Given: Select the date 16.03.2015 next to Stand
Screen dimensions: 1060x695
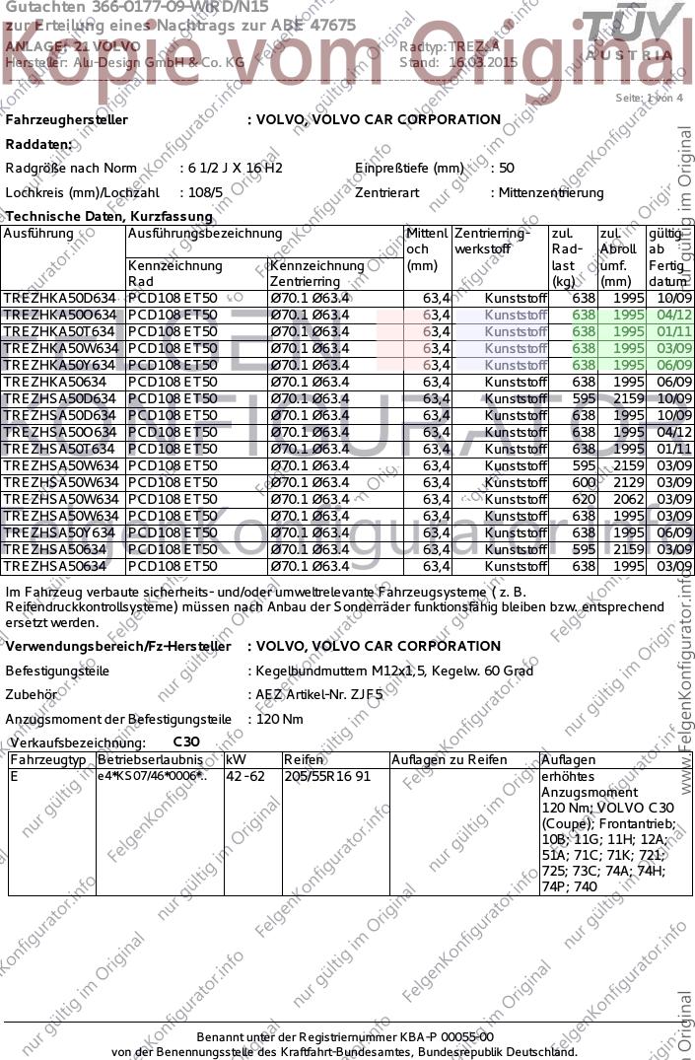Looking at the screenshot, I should pos(482,61).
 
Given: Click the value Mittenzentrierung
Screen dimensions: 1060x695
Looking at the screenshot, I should pos(551,192).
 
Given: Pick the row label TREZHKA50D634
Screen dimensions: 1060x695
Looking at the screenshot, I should pos(60,298).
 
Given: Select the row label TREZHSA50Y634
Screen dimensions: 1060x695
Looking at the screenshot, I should pos(60,532).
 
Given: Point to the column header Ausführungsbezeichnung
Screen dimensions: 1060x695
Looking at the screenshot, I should pos(205,234).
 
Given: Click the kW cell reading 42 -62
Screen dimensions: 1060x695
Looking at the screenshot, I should pos(245,776).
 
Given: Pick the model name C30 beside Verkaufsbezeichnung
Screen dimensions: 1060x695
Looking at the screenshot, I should pos(186,742).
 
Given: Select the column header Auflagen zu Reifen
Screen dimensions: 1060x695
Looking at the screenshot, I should pos(449,759).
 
